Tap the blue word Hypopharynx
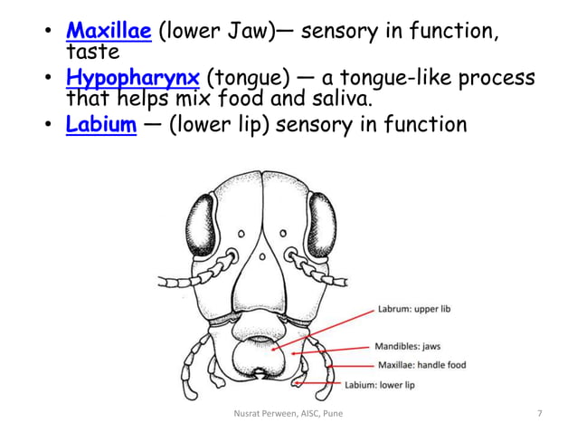(132, 78)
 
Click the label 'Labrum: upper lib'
(419, 308)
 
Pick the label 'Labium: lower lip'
(380, 384)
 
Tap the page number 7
(540, 414)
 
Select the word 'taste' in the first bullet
(93, 53)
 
